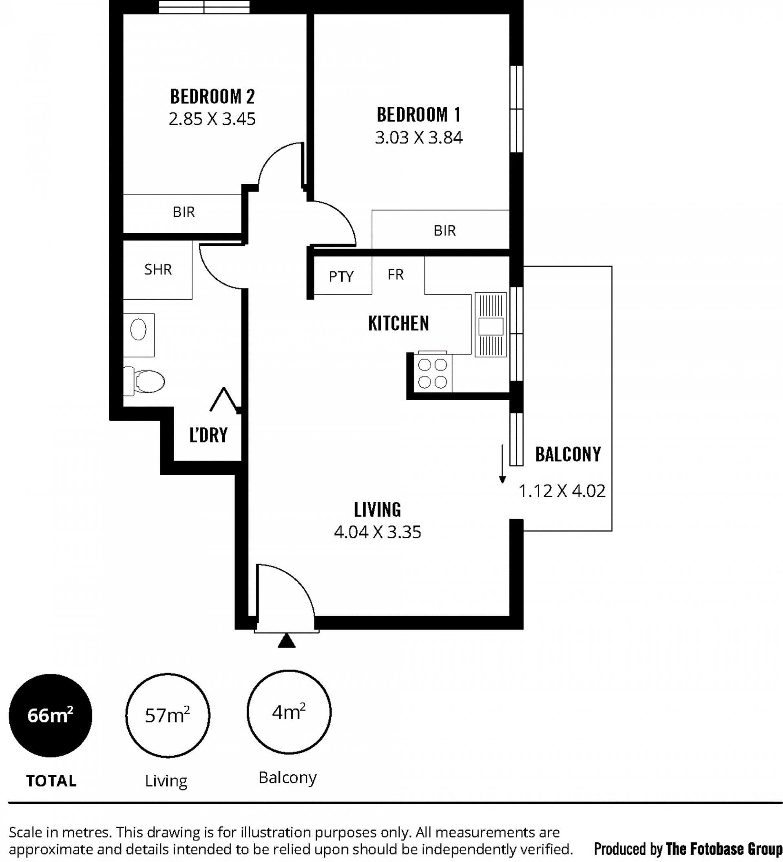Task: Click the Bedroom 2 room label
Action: (x=212, y=96)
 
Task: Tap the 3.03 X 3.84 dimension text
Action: (x=419, y=138)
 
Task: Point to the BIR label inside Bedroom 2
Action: (x=184, y=212)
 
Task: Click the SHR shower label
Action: (x=158, y=269)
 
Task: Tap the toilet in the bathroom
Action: (x=145, y=381)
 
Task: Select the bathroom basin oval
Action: (x=138, y=330)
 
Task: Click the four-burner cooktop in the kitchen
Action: (x=433, y=373)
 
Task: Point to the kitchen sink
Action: (x=491, y=325)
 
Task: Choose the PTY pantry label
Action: (x=341, y=277)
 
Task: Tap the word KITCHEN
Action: (x=398, y=323)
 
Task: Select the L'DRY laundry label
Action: (x=208, y=435)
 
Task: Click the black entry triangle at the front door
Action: (x=287, y=641)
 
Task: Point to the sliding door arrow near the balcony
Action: (x=503, y=464)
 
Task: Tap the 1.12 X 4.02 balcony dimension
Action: (x=562, y=491)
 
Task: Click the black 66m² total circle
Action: (x=51, y=716)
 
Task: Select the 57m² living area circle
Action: (x=168, y=716)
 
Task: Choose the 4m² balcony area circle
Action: (x=289, y=712)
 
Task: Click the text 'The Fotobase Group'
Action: (x=724, y=849)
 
